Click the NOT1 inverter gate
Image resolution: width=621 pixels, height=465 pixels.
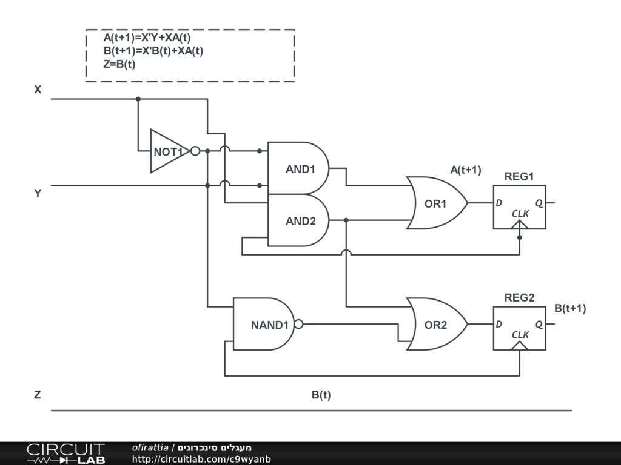click(168, 151)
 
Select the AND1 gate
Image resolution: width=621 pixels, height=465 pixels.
click(298, 169)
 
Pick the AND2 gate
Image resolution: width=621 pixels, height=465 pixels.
click(298, 220)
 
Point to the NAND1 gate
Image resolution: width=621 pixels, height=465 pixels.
click(264, 325)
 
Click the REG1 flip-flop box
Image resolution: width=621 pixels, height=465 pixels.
click(519, 206)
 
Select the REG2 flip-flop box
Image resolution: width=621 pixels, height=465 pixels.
click(519, 328)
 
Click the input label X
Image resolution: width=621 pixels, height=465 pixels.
click(38, 90)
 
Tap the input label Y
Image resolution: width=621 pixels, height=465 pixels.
click(38, 194)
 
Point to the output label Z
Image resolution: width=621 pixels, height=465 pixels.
click(38, 395)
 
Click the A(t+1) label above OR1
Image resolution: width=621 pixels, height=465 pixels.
click(465, 170)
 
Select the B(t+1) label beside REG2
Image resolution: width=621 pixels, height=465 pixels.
click(570, 308)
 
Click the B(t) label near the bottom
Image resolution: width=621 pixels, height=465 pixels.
click(321, 395)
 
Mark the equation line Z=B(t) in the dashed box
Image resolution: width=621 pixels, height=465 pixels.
click(119, 64)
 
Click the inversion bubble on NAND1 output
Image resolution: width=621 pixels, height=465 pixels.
click(298, 324)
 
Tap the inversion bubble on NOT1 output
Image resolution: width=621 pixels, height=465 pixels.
click(195, 151)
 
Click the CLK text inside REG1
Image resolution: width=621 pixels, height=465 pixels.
click(520, 214)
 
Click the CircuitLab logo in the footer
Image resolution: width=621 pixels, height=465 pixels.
click(65, 453)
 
